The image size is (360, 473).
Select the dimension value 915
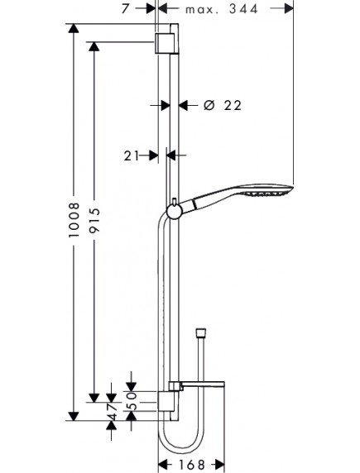coord(95,218)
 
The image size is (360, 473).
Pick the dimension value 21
coord(130,155)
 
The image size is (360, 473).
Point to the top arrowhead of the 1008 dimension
coord(74,30)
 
